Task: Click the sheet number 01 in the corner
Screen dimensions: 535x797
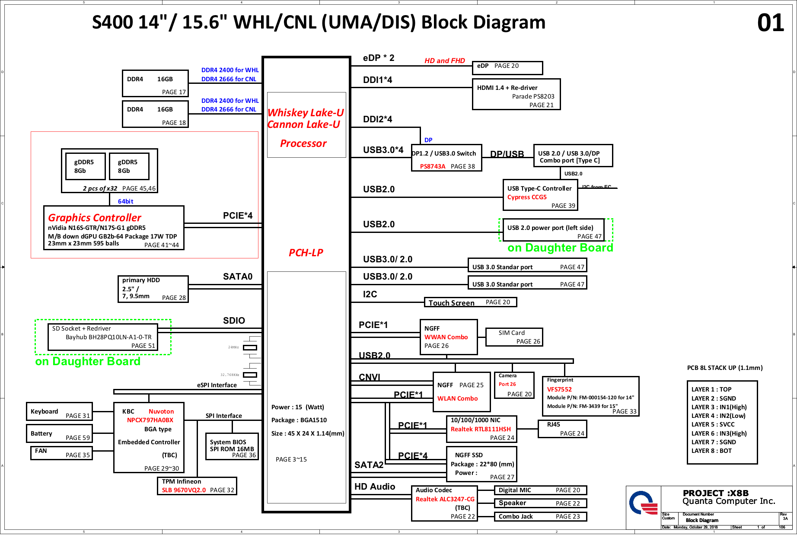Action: [770, 23]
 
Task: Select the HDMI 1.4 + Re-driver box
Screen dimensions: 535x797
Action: [516, 94]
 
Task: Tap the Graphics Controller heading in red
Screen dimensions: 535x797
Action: [94, 218]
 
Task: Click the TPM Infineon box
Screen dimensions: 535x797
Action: [197, 486]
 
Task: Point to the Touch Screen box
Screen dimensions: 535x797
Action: [470, 302]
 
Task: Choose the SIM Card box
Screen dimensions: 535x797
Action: [514, 337]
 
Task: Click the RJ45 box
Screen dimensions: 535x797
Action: [562, 429]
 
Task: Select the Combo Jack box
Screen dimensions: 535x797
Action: [540, 516]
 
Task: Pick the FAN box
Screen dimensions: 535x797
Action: [61, 453]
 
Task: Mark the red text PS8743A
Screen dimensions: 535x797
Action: [432, 166]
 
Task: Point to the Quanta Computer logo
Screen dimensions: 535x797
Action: [643, 503]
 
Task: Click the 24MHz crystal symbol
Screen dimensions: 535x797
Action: [250, 347]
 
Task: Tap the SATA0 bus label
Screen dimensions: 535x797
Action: [237, 277]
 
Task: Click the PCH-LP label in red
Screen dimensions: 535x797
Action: [306, 253]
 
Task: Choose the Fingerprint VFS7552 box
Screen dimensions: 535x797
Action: [590, 396]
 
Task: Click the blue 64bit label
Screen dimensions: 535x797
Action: [125, 201]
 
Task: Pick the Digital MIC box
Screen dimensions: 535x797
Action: [540, 490]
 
